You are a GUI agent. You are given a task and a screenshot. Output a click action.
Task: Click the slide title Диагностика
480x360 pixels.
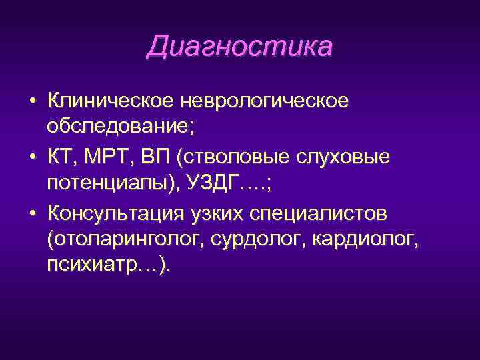coord(239,47)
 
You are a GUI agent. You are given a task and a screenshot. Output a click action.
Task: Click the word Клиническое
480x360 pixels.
coord(109,101)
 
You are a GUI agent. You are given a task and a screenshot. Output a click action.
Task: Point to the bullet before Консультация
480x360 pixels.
coord(31,215)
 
